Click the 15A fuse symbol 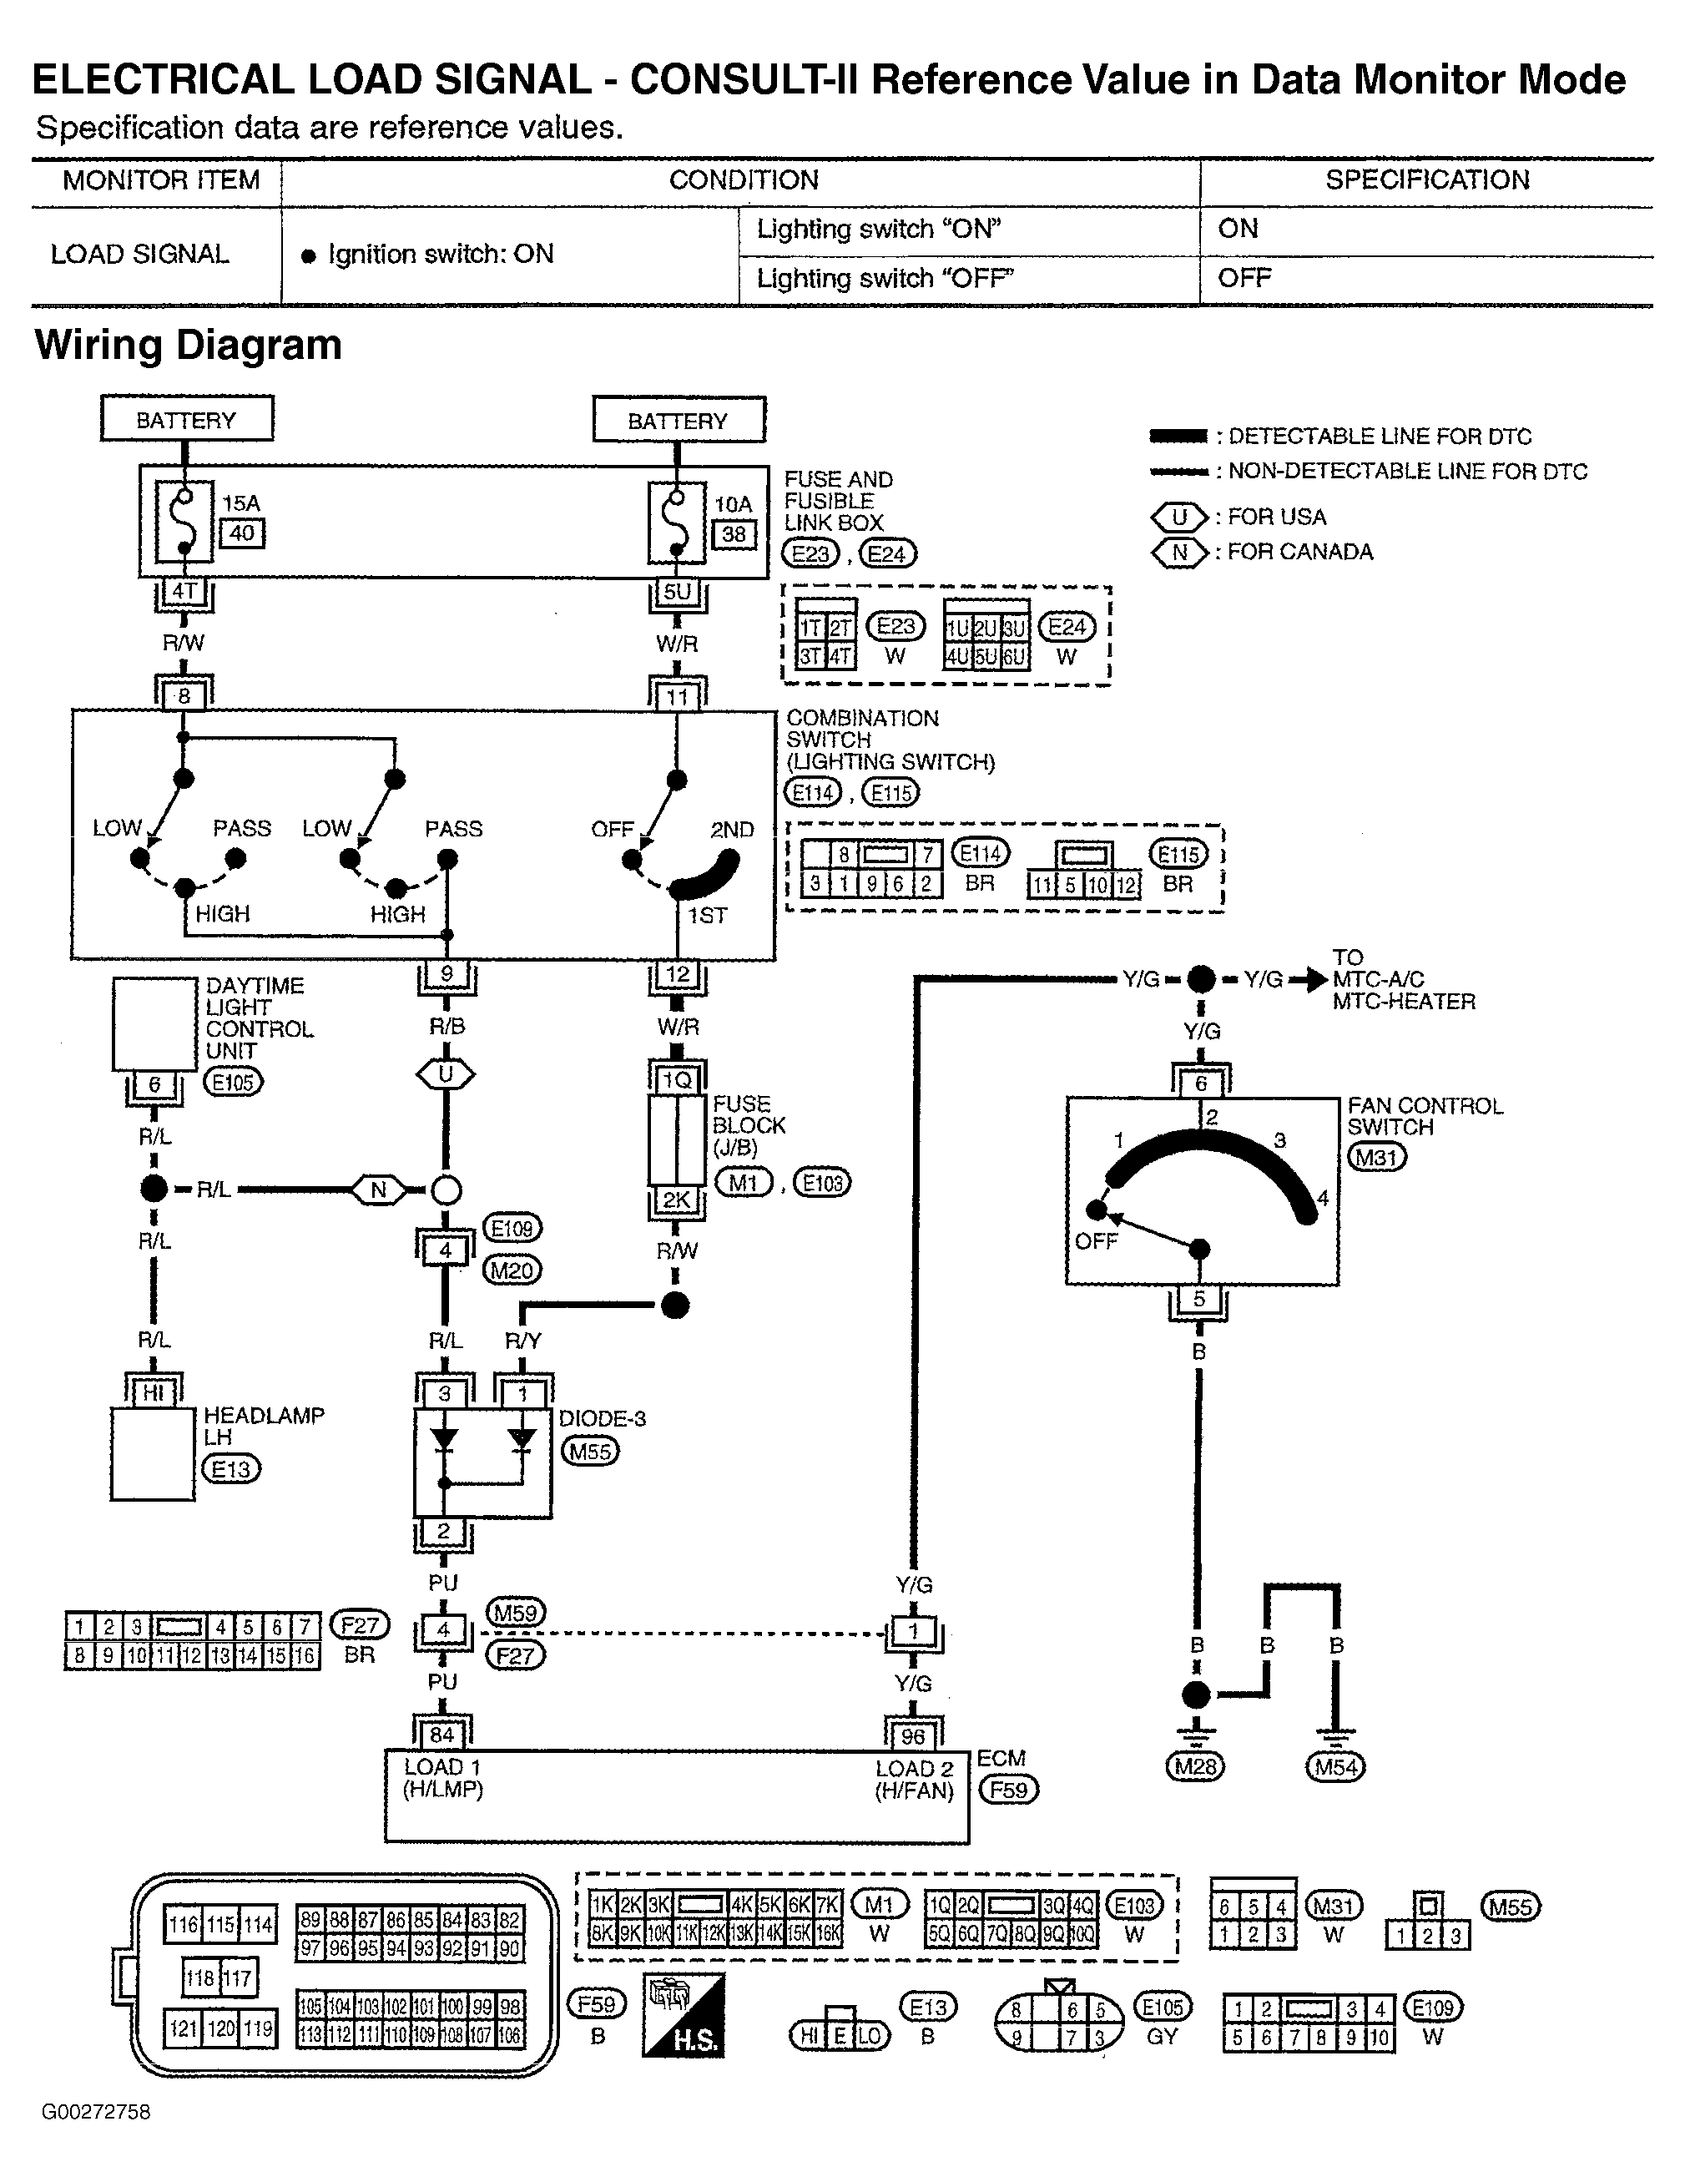184,522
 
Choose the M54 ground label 1335,1766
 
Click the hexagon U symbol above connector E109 446,1075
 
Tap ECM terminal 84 442,1735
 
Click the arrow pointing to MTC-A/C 1309,980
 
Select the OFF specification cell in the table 1244,279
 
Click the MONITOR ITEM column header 161,181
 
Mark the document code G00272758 96,2111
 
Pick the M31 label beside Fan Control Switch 1376,1157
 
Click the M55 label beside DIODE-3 590,1451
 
